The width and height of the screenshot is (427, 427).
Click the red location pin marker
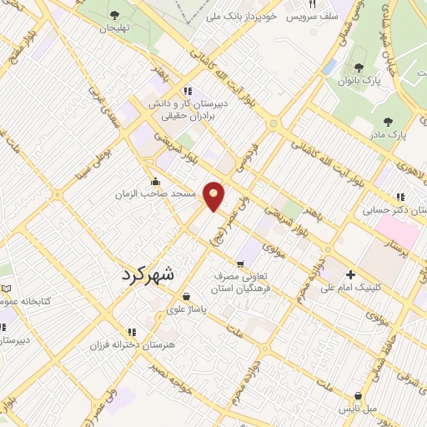coord(214,194)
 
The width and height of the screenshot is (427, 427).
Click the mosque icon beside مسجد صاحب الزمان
coord(155,181)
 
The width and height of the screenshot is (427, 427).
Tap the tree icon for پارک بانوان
coord(359,68)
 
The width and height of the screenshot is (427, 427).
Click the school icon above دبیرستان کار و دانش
coord(188,91)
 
